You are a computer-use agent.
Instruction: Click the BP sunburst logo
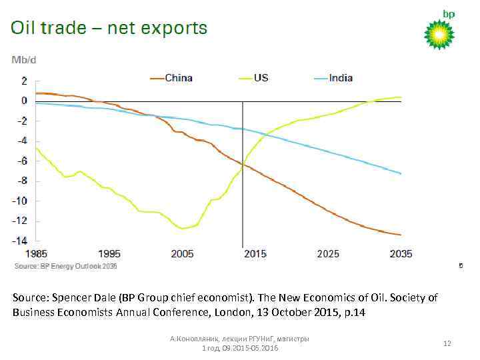point(439,34)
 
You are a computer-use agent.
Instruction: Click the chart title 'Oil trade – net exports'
point(109,29)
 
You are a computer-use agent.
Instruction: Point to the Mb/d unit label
point(24,60)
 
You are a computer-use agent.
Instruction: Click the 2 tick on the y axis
point(24,81)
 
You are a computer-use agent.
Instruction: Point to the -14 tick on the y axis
point(21,241)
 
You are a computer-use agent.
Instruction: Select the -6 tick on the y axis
point(23,161)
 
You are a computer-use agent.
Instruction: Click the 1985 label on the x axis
point(37,254)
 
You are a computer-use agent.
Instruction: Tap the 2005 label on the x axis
point(182,254)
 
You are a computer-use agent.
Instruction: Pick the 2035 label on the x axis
point(401,254)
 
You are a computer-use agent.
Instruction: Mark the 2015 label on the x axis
point(255,254)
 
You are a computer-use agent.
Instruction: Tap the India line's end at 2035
point(401,173)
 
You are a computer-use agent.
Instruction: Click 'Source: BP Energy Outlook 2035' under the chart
point(66,266)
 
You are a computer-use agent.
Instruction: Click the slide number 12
point(447,343)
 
